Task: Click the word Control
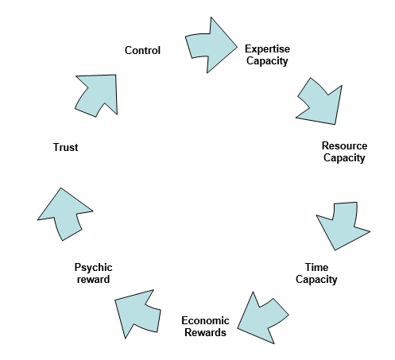[142, 50]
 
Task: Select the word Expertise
[267, 49]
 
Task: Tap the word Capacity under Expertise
[267, 61]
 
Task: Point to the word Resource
[344, 145]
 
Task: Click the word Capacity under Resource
[344, 158]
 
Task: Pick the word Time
[316, 267]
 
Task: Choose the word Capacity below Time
[316, 280]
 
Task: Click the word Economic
[205, 320]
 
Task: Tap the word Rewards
[205, 332]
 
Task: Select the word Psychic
[93, 268]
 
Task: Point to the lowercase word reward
[93, 280]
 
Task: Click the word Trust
[66, 147]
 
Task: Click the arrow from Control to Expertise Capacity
[211, 45]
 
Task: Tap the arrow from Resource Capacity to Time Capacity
[343, 225]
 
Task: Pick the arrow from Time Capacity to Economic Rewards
[262, 318]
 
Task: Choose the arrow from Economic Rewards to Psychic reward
[137, 312]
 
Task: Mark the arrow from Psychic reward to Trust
[65, 215]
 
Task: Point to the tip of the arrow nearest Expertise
[237, 47]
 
